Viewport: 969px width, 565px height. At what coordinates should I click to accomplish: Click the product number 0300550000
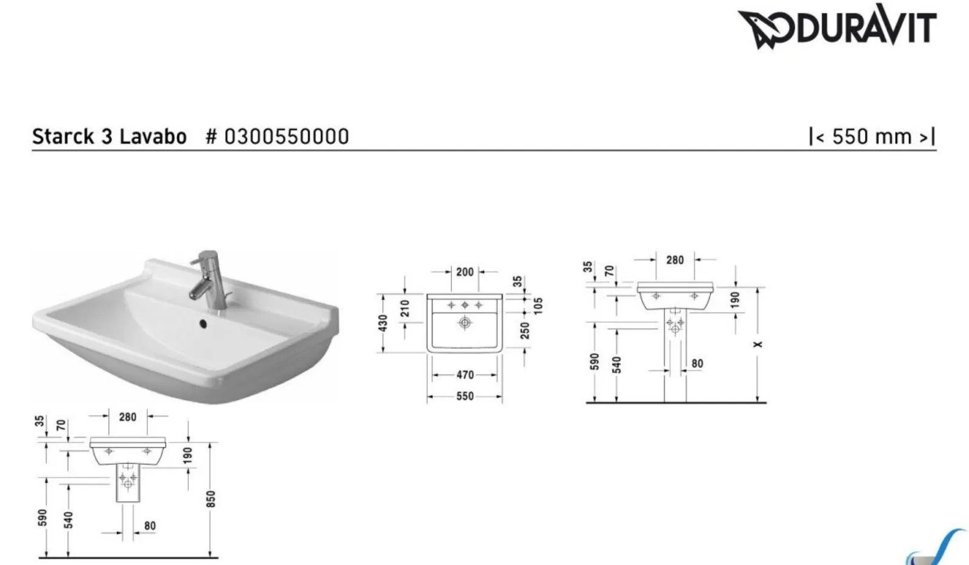[286, 137]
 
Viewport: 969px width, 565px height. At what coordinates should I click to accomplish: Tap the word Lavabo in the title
[153, 137]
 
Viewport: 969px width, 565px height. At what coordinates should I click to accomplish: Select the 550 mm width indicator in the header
[872, 137]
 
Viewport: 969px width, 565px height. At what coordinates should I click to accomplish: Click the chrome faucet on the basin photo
[208, 280]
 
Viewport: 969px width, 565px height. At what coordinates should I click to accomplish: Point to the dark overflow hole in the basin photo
[203, 323]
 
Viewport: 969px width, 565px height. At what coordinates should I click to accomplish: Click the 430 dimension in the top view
[382, 323]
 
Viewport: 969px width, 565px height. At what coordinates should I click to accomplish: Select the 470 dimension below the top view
[465, 375]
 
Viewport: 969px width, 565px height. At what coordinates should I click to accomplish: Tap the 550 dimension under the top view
[465, 396]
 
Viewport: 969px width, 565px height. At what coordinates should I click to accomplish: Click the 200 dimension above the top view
[465, 272]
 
